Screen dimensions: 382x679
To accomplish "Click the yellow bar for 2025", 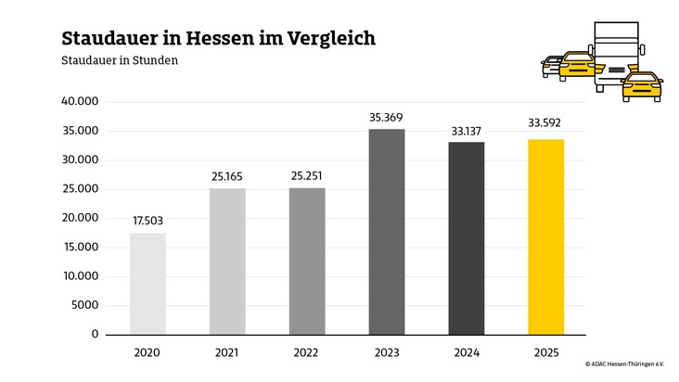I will pyautogui.click(x=545, y=236).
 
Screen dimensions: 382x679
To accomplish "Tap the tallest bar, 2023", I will pyautogui.click(x=387, y=231).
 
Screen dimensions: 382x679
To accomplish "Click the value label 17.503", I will pyautogui.click(x=147, y=221).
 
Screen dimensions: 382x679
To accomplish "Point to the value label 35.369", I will pyautogui.click(x=387, y=117).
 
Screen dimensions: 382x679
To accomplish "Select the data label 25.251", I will pyautogui.click(x=307, y=176).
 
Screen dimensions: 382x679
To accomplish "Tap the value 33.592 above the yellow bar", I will pyautogui.click(x=545, y=122).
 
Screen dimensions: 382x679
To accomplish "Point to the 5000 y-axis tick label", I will pyautogui.click(x=84, y=305).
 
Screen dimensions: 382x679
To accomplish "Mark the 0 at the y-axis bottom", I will pyautogui.click(x=96, y=334).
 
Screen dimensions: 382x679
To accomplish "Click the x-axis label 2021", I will pyautogui.click(x=227, y=353).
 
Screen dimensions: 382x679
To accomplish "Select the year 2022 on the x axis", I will pyautogui.click(x=307, y=353).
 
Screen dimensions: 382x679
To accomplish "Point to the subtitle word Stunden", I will pyautogui.click(x=152, y=61).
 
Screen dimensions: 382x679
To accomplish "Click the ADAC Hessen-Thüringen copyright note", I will pyautogui.click(x=624, y=365).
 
